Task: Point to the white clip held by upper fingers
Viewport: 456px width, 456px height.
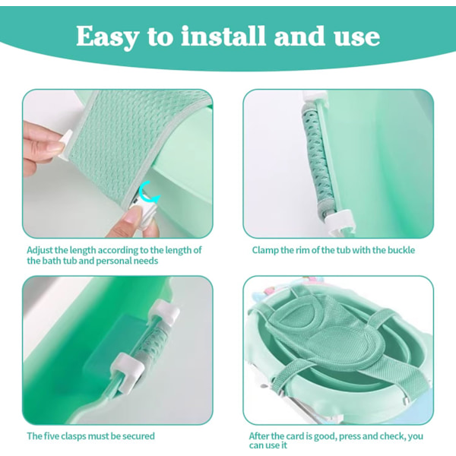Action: tap(65, 145)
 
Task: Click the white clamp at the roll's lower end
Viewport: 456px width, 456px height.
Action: tap(340, 220)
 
